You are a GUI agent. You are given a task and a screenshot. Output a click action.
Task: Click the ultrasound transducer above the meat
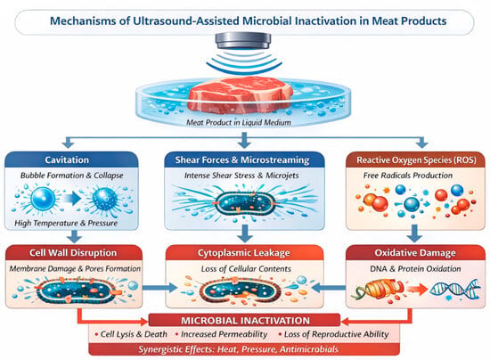pyautogui.click(x=243, y=40)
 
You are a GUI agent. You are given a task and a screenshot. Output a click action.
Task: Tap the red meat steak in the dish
pyautogui.click(x=241, y=94)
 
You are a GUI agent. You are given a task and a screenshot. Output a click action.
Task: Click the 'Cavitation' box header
pyautogui.click(x=71, y=160)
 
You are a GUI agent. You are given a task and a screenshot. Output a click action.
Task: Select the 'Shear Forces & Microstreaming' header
pyautogui.click(x=244, y=160)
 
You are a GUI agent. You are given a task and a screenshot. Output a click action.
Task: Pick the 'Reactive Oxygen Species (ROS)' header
pyautogui.click(x=416, y=160)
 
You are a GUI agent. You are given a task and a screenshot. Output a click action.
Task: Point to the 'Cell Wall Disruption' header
pyautogui.click(x=74, y=252)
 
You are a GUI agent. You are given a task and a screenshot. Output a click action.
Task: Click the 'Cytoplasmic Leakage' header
pyautogui.click(x=244, y=252)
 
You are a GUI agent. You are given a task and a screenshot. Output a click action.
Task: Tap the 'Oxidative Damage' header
pyautogui.click(x=415, y=252)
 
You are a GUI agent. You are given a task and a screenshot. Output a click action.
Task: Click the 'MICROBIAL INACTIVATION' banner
pyautogui.click(x=244, y=320)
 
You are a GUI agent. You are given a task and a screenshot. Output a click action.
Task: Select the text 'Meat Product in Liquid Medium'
pyautogui.click(x=239, y=122)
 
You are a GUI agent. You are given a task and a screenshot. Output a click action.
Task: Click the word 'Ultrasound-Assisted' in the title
pyautogui.click(x=186, y=20)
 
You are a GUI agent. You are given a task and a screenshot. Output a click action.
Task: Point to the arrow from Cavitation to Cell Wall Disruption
pyautogui.click(x=74, y=236)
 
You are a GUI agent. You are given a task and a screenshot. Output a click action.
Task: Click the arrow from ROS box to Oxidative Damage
pyautogui.click(x=414, y=233)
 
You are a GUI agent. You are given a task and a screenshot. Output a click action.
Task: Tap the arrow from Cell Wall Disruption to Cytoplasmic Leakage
pyautogui.click(x=159, y=287)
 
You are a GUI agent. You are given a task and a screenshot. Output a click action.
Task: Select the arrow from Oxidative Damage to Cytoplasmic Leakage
pyautogui.click(x=329, y=287)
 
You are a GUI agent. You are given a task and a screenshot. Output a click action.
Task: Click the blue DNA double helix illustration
pyautogui.click(x=455, y=289)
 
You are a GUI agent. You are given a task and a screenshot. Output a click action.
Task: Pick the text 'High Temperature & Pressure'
pyautogui.click(x=66, y=223)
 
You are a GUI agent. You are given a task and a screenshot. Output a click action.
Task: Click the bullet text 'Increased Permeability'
pyautogui.click(x=224, y=334)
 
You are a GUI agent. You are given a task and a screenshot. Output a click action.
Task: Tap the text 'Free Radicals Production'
pyautogui.click(x=408, y=176)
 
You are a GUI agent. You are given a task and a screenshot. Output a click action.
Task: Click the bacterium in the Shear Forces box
pyautogui.click(x=243, y=203)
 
